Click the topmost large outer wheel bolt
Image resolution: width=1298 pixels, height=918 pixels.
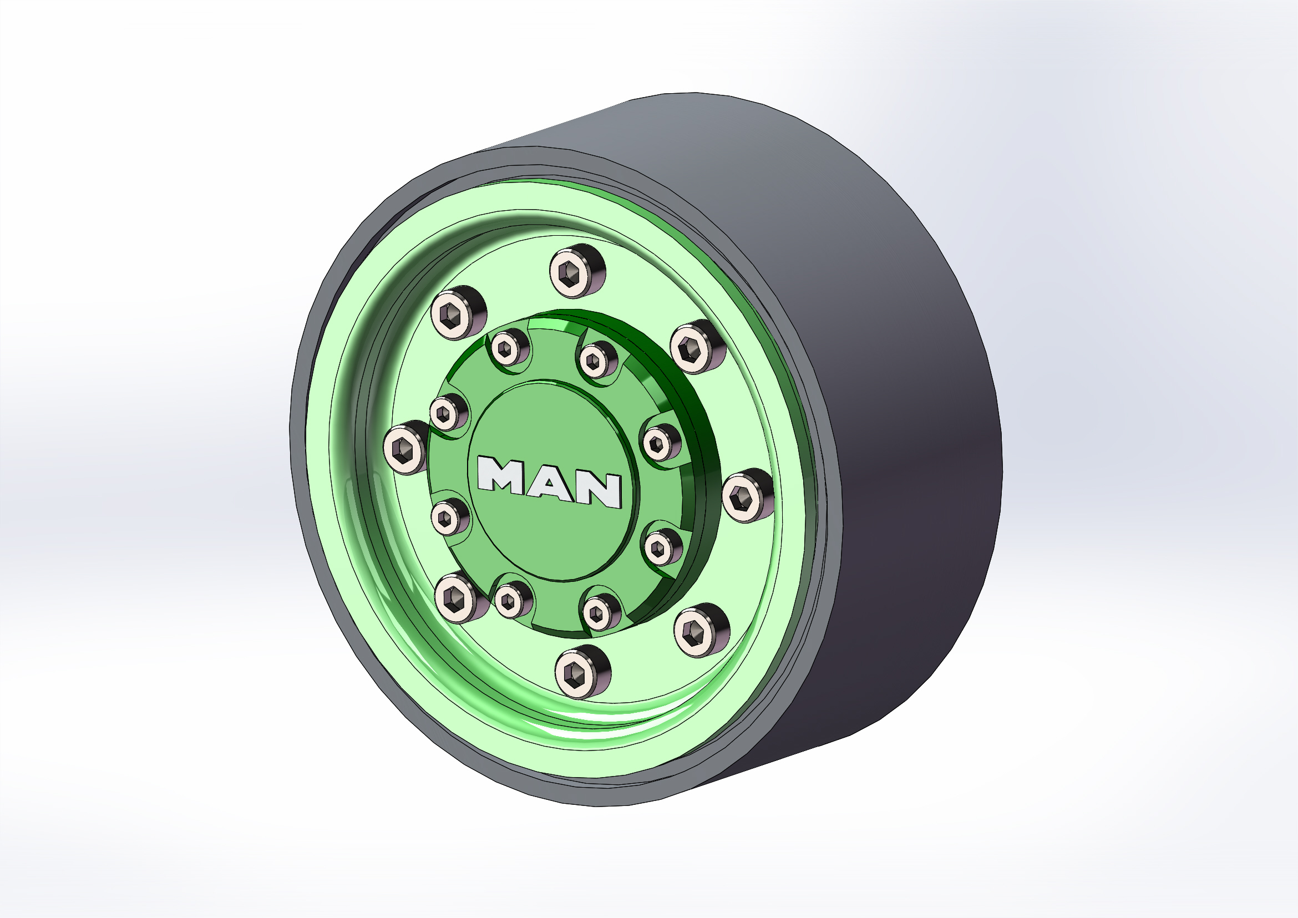tap(577, 271)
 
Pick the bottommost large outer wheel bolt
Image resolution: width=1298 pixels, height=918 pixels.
tap(582, 672)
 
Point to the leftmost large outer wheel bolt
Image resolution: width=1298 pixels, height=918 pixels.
tap(406, 447)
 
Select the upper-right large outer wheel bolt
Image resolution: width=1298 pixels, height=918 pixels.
tap(698, 346)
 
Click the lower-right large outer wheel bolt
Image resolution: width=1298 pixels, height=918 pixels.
tap(701, 630)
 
